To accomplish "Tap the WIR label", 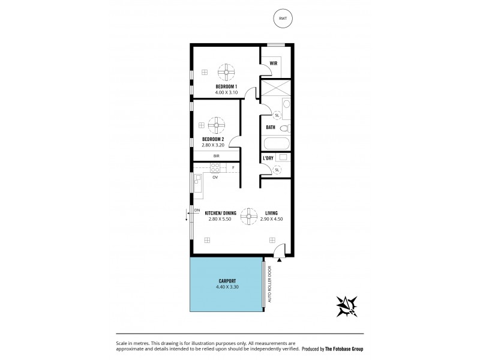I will click(x=273, y=62).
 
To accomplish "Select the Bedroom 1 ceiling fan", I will click(x=227, y=72).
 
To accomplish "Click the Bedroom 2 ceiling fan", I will click(x=215, y=127).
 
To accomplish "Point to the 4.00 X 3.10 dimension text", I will click(x=226, y=94).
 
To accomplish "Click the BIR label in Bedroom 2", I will click(x=216, y=155).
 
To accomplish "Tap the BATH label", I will click(x=271, y=127).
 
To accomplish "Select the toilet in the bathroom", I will click(x=286, y=128).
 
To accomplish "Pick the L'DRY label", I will click(x=269, y=158).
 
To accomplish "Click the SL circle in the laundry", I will click(x=277, y=170).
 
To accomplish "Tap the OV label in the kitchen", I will click(x=214, y=177).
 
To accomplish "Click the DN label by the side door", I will click(x=197, y=209).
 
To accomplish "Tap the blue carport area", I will click(x=226, y=294).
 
